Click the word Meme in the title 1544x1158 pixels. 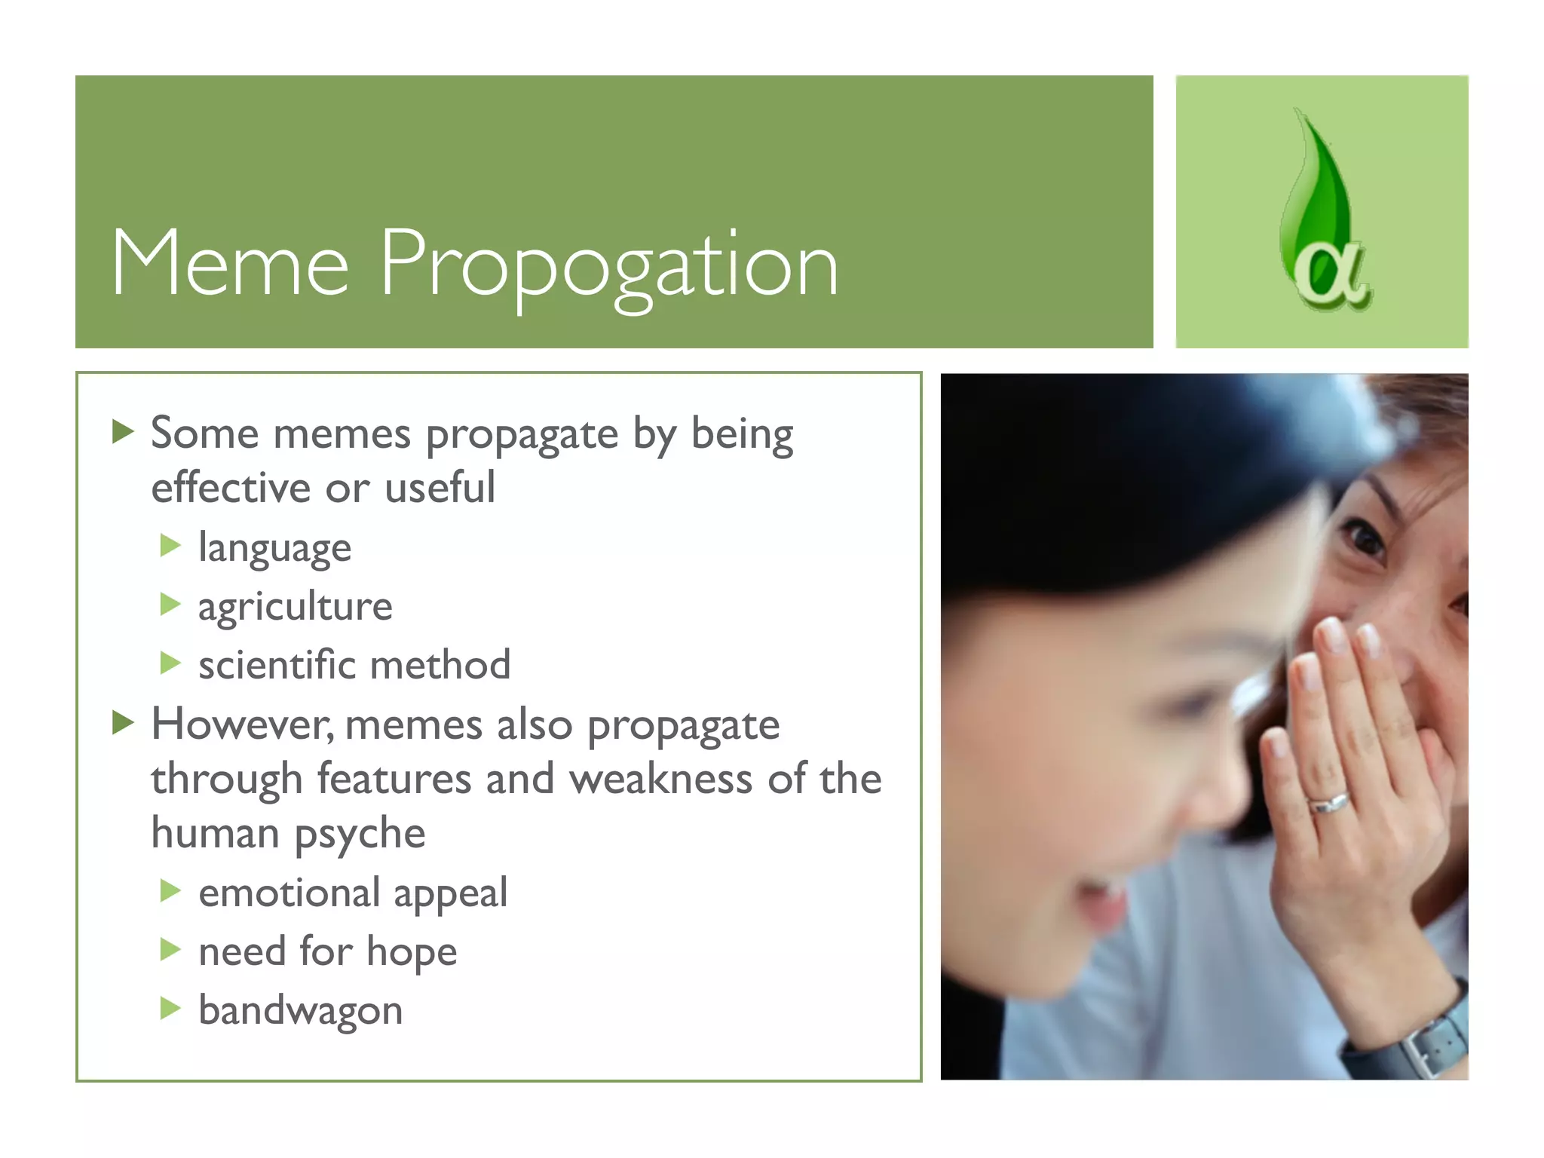click(x=230, y=263)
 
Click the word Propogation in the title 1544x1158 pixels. click(x=608, y=265)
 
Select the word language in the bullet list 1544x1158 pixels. click(x=274, y=548)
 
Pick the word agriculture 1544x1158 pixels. click(x=295, y=607)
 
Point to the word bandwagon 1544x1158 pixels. click(x=300, y=1010)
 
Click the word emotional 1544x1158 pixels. click(x=289, y=893)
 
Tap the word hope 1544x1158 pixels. click(x=412, y=952)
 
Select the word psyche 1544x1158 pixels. click(x=360, y=835)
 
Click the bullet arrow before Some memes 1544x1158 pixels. click(x=123, y=432)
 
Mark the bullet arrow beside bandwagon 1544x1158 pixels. click(x=171, y=1008)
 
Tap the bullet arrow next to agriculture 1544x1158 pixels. click(x=171, y=605)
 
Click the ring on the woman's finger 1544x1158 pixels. click(x=1328, y=803)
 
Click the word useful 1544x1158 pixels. click(x=440, y=488)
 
